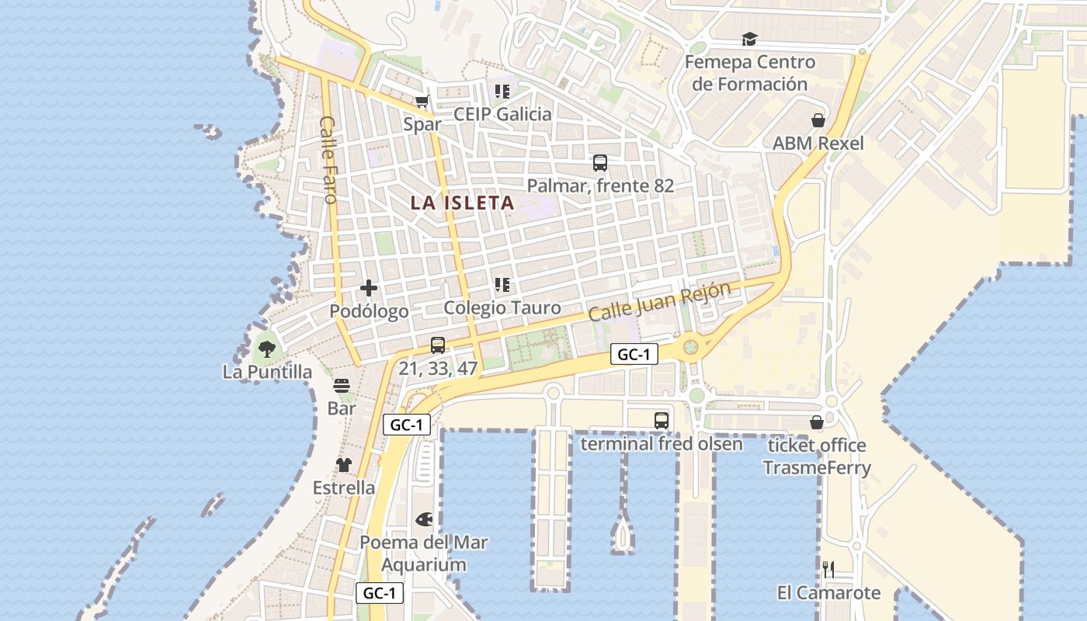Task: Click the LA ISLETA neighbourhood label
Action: tap(462, 203)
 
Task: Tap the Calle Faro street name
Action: tap(328, 159)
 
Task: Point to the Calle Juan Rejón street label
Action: tap(659, 302)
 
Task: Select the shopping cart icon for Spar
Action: tap(422, 101)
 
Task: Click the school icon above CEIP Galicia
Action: tap(502, 92)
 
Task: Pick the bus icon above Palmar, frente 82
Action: tap(600, 163)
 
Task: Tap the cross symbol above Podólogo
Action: tap(369, 289)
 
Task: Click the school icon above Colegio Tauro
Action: tap(502, 285)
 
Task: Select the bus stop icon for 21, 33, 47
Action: tap(438, 345)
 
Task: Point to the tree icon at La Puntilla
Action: tap(267, 349)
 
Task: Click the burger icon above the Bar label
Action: tap(342, 386)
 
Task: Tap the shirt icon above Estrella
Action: tap(343, 465)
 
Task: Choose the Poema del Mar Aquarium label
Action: tap(424, 553)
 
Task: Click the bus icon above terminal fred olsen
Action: tap(662, 421)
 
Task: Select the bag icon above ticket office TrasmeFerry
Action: tap(817, 422)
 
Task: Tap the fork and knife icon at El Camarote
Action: tap(828, 571)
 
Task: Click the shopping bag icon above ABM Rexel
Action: tap(818, 120)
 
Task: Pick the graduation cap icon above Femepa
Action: tap(749, 40)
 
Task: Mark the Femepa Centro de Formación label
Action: tap(750, 73)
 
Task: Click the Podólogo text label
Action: tap(369, 311)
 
